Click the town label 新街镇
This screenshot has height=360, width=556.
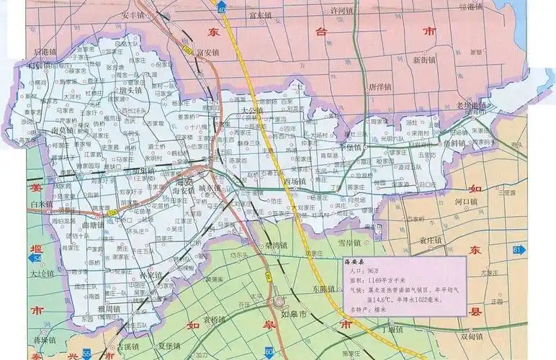[425, 60]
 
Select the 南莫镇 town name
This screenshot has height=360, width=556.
[64, 131]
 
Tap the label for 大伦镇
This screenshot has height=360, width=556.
[42, 274]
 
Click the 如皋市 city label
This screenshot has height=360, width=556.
[294, 315]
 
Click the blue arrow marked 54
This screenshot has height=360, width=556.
[38, 257]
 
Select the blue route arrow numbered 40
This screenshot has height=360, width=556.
[221, 6]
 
